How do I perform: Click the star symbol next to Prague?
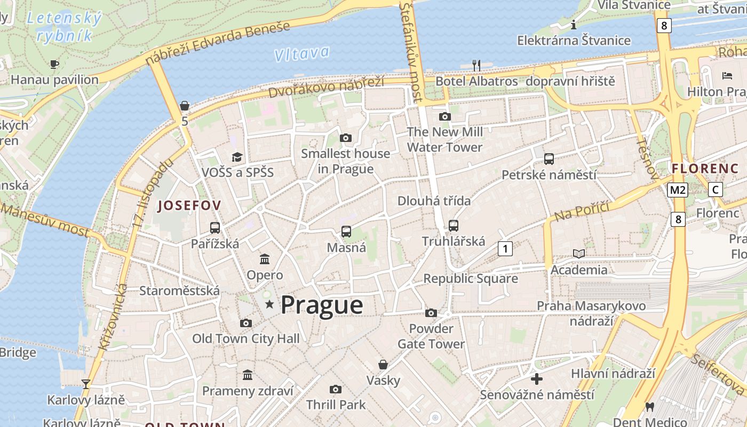pos(269,304)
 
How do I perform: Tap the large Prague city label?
pos(322,305)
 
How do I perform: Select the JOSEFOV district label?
pos(189,205)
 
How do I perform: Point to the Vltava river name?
pos(301,53)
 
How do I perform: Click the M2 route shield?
pos(678,189)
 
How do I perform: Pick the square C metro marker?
pos(716,189)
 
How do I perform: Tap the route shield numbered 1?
pos(505,248)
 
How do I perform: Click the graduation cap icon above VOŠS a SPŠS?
pos(237,156)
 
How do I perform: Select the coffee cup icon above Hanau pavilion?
pos(54,64)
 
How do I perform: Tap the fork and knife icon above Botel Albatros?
pos(476,65)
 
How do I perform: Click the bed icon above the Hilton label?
pos(727,76)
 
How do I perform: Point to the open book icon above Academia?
pos(579,254)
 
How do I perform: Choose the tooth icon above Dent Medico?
pos(649,406)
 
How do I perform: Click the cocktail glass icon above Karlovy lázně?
pos(85,384)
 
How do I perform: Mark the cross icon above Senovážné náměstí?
pos(537,379)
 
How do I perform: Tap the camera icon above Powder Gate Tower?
pos(431,313)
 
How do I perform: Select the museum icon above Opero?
pos(265,259)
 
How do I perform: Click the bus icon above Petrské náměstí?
pos(549,159)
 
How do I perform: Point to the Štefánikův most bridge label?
pos(411,52)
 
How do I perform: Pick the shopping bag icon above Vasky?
pos(383,365)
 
